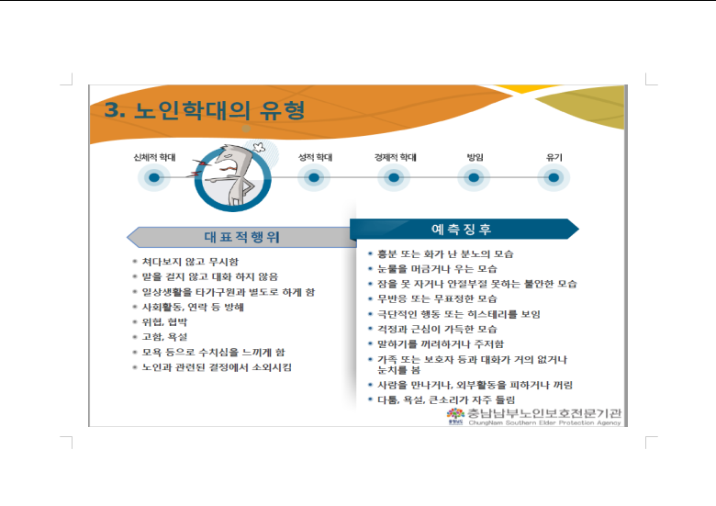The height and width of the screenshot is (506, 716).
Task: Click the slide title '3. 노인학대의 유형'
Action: tap(205, 110)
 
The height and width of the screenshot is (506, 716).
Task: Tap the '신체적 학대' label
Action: tap(154, 158)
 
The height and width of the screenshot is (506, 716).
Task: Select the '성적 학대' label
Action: tap(315, 158)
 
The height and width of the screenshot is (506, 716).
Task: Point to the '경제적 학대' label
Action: tap(396, 158)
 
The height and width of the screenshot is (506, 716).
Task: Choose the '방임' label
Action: tap(475, 158)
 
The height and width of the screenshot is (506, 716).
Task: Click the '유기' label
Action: tap(554, 158)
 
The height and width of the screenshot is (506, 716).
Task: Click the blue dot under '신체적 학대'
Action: tap(154, 177)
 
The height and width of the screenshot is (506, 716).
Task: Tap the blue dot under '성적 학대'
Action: tap(314, 177)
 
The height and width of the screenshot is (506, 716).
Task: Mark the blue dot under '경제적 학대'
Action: tap(394, 177)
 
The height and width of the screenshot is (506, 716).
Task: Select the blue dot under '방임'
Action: tap(474, 177)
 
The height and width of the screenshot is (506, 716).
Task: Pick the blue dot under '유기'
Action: tap(554, 177)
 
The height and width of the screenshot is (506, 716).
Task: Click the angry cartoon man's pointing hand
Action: tap(210, 179)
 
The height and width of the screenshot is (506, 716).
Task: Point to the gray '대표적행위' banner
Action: tap(241, 237)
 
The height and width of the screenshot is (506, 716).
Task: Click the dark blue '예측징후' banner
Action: tap(464, 229)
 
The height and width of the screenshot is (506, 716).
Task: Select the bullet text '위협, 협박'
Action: tap(165, 322)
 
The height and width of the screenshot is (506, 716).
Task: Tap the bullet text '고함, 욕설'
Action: tap(165, 337)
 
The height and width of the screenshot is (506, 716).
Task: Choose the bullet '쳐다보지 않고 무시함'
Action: tap(190, 262)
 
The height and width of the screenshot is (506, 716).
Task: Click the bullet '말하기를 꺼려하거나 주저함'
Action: tap(441, 344)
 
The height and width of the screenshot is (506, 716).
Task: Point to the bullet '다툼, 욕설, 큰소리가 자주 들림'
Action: tap(446, 400)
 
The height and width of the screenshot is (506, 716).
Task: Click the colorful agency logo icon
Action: tap(455, 414)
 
